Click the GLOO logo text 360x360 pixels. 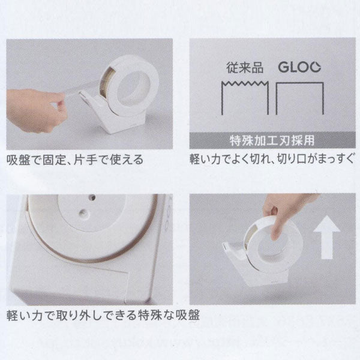click(300, 66)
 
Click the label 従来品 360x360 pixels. click(242, 67)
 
